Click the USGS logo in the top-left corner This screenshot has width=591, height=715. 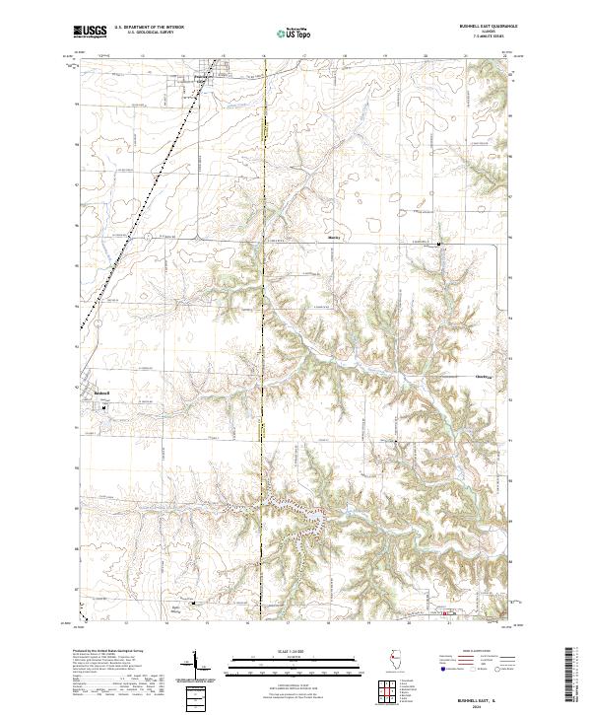90,32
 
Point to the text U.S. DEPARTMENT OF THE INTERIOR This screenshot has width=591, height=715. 148,29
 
